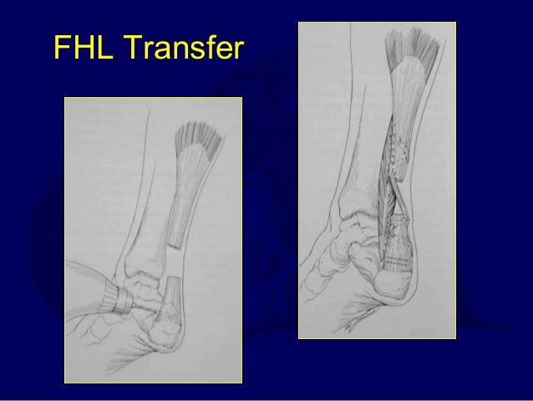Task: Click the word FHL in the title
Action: pos(82,48)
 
